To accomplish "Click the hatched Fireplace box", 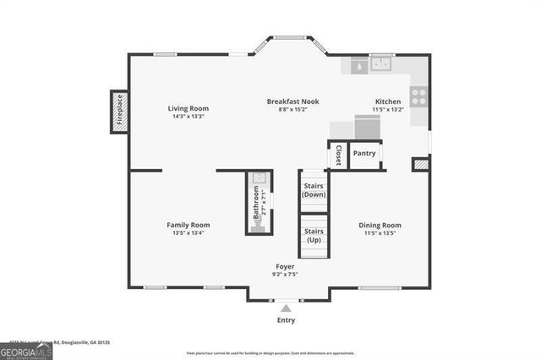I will [x=119, y=112].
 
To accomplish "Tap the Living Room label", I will [x=188, y=108].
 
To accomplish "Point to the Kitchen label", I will [x=388, y=101].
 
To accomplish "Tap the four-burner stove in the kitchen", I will [x=418, y=95].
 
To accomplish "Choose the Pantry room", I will [x=364, y=154].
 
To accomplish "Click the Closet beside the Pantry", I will [x=337, y=155].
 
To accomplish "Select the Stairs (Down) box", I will [x=314, y=190].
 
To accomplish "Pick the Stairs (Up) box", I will [x=314, y=235].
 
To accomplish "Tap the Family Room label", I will [x=188, y=225].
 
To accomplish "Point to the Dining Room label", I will [x=380, y=225].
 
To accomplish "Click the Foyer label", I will [x=284, y=266].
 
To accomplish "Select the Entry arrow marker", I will [x=286, y=308].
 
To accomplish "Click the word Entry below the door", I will [x=286, y=320].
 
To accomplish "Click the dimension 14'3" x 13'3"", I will [x=188, y=117].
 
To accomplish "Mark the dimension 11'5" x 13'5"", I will [x=380, y=233].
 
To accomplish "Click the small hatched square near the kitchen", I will [x=420, y=165].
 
